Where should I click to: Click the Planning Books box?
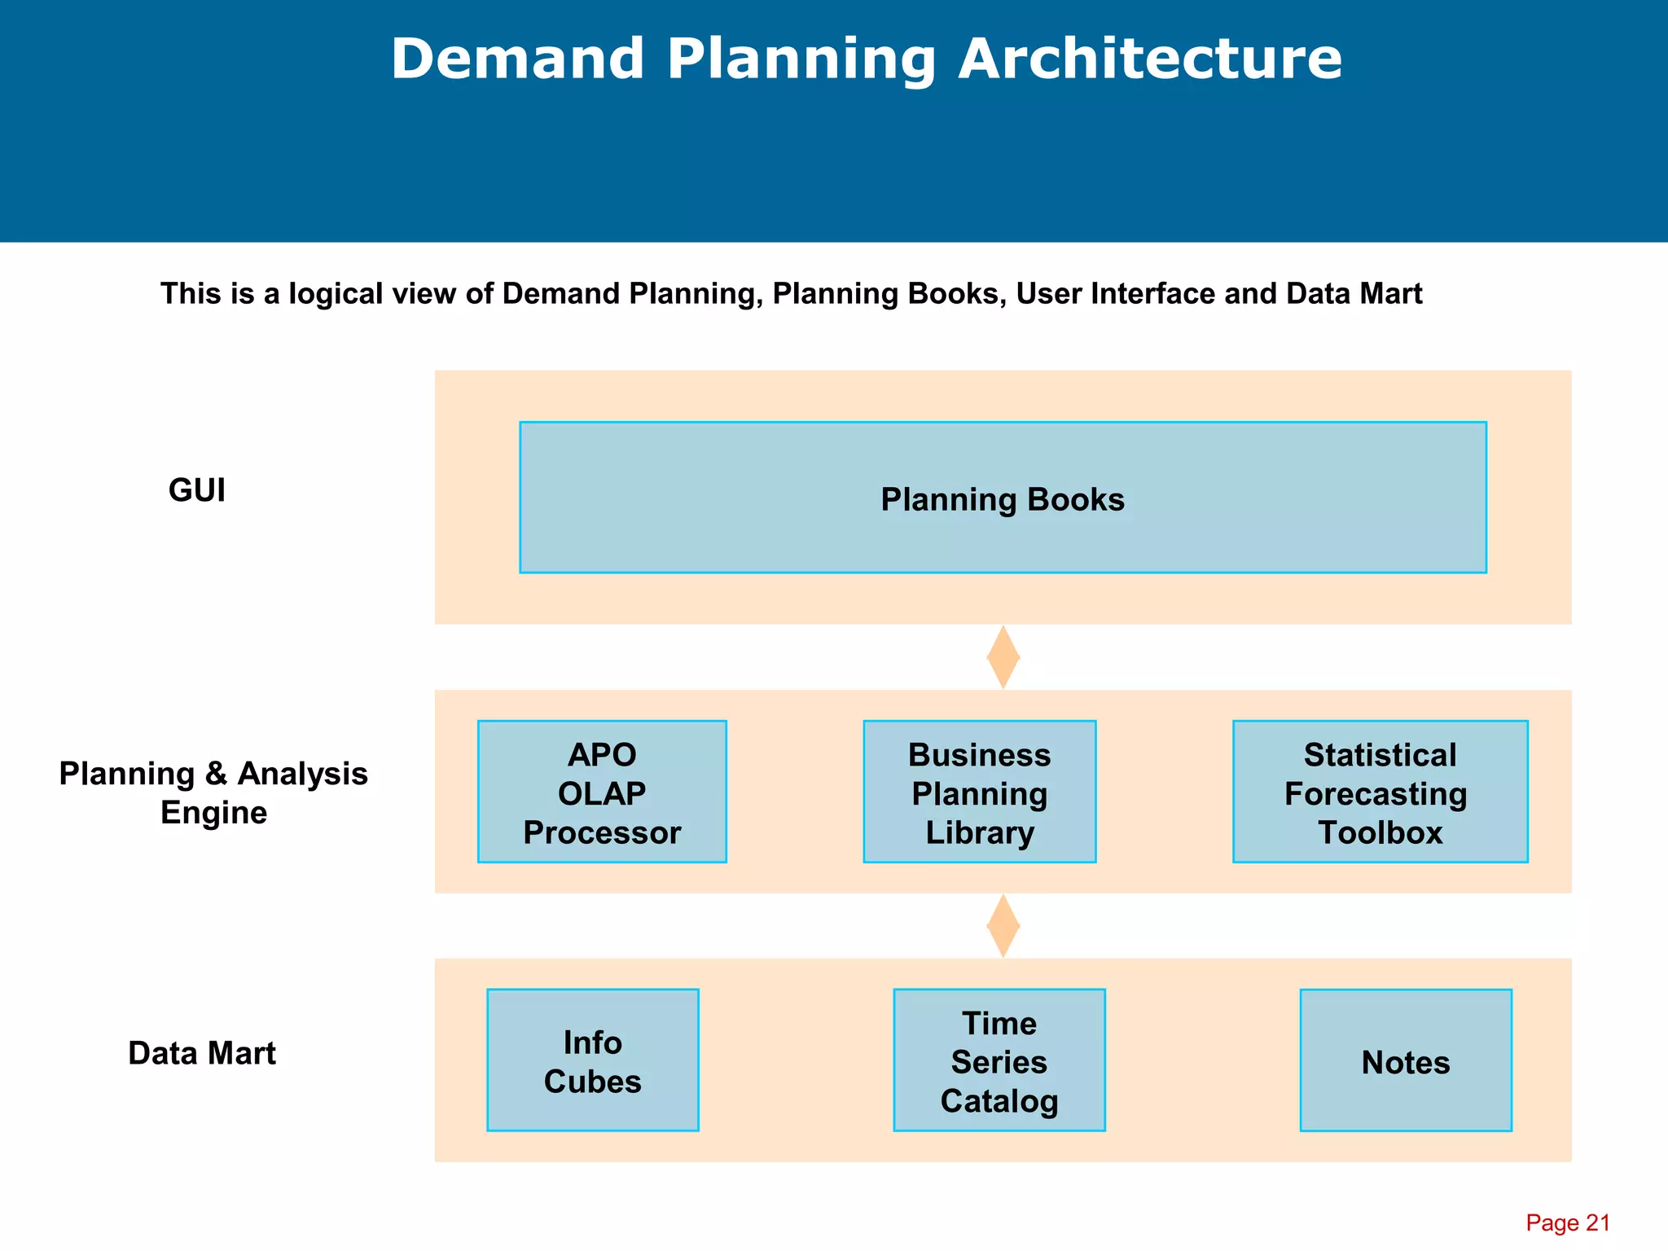(1003, 498)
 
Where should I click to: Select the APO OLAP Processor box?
(602, 792)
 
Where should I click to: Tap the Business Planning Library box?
(979, 792)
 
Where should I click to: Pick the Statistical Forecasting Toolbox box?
(1380, 792)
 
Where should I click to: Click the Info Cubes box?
(592, 1060)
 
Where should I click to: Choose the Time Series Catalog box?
(999, 1060)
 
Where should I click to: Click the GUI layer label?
(197, 490)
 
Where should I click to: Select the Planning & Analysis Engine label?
(213, 792)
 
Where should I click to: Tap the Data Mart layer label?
(202, 1053)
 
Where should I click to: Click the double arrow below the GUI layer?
(1003, 657)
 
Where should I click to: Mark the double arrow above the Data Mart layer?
(1003, 926)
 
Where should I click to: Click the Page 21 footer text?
(1567, 1222)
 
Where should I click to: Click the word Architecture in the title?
(1149, 59)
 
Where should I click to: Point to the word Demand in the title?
(518, 59)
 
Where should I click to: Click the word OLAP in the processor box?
(602, 793)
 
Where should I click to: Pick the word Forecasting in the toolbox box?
(1376, 794)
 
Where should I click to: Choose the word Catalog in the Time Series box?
(999, 1101)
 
